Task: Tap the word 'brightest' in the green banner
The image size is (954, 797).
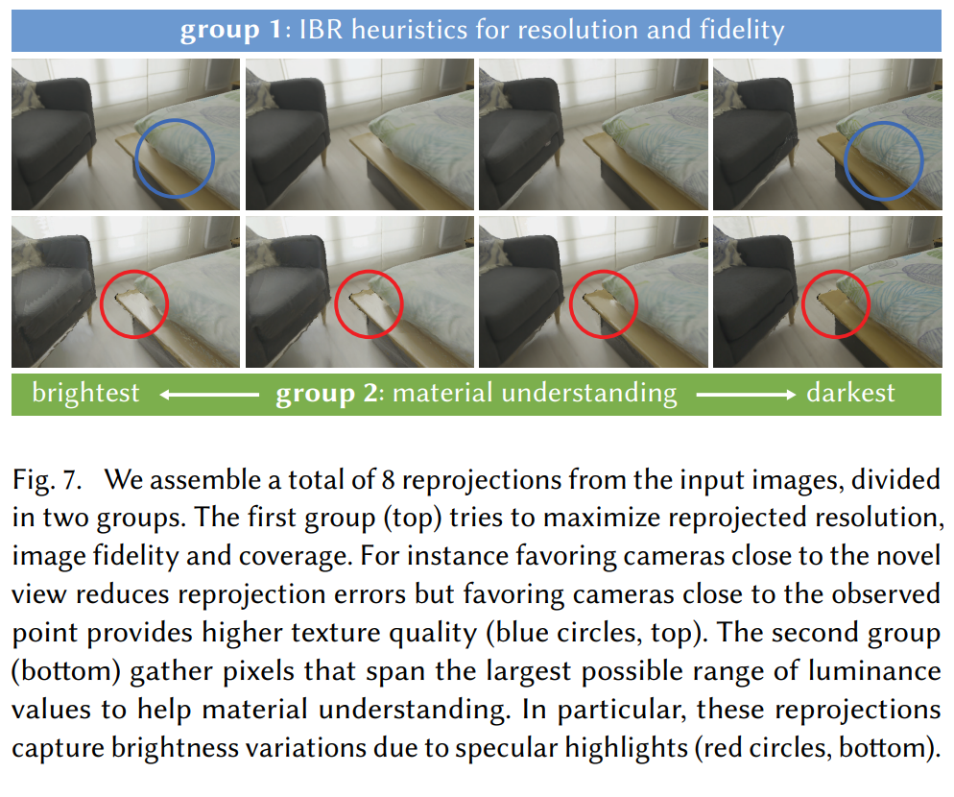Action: [85, 393]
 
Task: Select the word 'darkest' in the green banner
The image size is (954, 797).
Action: [850, 393]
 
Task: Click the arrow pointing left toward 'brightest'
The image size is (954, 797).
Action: [208, 394]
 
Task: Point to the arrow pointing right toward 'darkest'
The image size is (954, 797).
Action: [746, 394]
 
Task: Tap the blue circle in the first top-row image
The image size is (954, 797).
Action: [174, 158]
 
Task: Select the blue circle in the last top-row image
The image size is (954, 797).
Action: [884, 160]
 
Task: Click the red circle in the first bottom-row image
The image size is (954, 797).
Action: [133, 304]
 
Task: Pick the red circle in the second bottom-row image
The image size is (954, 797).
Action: [369, 304]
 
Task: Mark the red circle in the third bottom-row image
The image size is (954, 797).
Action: [603, 304]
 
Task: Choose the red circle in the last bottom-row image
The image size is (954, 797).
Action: [835, 304]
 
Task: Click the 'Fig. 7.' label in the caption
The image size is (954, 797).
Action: [49, 477]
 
